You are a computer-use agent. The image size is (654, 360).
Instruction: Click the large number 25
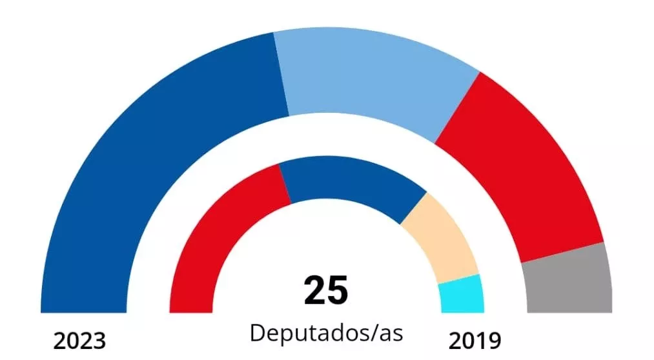[x=326, y=290]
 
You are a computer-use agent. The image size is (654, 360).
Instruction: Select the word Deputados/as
[x=326, y=334]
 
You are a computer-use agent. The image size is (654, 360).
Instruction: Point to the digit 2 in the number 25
[x=314, y=290]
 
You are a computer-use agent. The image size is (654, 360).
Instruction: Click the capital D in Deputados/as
[x=257, y=334]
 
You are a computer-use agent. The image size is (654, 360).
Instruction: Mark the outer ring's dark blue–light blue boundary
[x=281, y=75]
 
